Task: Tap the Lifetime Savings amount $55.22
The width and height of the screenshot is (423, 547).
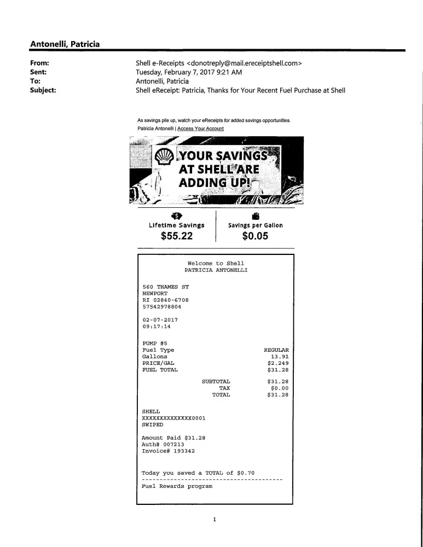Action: coord(177,236)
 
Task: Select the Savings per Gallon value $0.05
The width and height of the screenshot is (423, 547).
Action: coord(255,236)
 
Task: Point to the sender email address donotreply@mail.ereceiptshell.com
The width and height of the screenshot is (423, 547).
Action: coord(245,63)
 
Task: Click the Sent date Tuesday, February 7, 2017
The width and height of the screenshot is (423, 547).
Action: coord(189,72)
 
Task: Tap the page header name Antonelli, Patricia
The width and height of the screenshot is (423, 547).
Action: coord(65,44)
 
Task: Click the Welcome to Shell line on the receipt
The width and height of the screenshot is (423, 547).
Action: coord(216,264)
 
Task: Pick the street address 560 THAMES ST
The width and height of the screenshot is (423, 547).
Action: coord(165,287)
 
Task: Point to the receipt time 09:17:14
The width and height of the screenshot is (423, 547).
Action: coord(156,327)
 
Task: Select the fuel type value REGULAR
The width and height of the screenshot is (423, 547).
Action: coord(276,350)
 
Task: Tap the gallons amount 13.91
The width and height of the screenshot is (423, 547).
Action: coord(279,357)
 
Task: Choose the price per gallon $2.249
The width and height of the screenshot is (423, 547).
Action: coord(277,363)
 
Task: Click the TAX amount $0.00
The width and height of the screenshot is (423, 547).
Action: coord(279,388)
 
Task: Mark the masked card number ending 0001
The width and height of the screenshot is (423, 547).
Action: coord(173,418)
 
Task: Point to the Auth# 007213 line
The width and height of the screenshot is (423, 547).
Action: coord(163,445)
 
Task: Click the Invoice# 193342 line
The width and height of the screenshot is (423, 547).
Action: coord(168,451)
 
